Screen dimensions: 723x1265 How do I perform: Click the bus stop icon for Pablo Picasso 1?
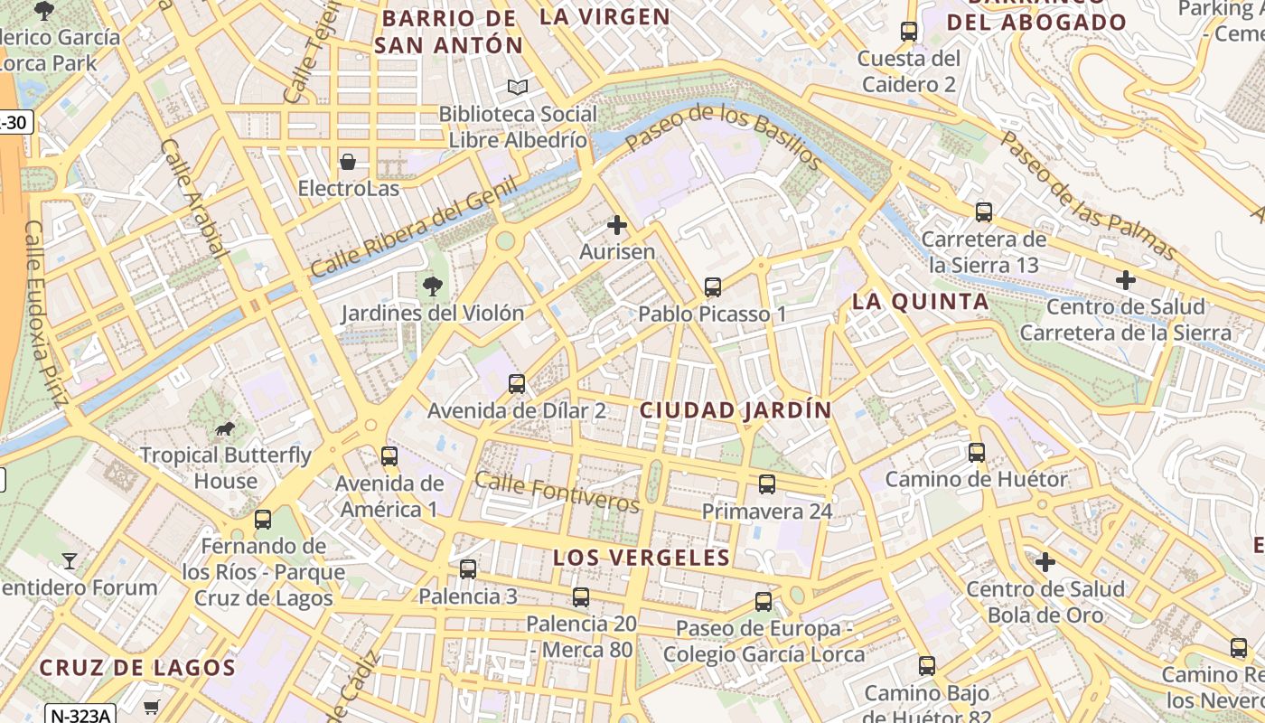click(x=713, y=287)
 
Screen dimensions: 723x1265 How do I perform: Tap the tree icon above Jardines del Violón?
click(x=433, y=286)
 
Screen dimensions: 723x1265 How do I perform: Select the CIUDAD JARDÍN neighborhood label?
click(x=735, y=409)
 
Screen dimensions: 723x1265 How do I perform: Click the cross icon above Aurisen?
click(x=617, y=225)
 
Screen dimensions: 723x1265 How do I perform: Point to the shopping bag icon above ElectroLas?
click(x=348, y=162)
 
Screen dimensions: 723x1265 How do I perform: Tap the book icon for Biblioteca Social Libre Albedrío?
click(x=517, y=88)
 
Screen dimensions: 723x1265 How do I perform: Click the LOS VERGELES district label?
click(x=641, y=558)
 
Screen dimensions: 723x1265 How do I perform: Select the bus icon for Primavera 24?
click(x=767, y=484)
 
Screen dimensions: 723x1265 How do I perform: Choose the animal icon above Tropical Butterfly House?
click(x=225, y=428)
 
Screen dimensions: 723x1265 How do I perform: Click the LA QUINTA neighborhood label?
click(x=920, y=302)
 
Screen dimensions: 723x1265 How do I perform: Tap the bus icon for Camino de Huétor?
click(x=977, y=453)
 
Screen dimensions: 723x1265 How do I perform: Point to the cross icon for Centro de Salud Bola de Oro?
click(x=1045, y=562)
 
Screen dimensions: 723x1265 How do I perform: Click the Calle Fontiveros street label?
click(x=557, y=492)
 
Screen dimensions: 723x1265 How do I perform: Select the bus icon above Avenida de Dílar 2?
click(x=517, y=384)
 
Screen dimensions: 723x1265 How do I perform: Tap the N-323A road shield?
click(x=80, y=715)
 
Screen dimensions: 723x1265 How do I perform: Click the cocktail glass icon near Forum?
click(x=70, y=561)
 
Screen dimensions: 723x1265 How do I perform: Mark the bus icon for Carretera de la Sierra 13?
click(x=984, y=213)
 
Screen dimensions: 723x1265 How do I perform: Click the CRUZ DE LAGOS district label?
click(x=137, y=668)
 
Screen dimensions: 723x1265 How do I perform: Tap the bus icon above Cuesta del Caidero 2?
click(x=909, y=32)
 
